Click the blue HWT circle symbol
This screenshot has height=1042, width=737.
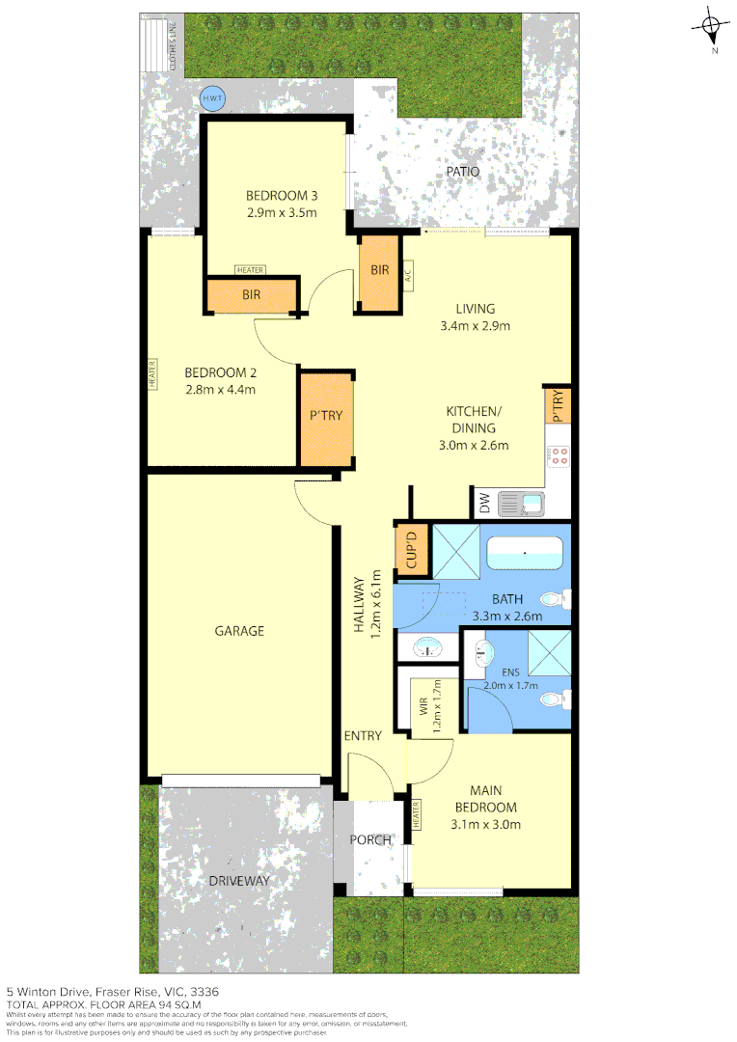[x=210, y=97]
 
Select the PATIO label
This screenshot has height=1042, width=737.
[x=462, y=172]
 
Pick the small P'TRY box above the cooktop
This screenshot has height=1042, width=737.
[x=559, y=405]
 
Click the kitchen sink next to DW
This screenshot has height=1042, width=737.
[x=521, y=503]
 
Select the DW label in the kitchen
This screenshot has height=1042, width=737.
[x=483, y=503]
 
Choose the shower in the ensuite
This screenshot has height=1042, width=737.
[x=542, y=651]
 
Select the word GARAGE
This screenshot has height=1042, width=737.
[x=238, y=631]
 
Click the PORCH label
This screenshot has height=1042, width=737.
[x=370, y=839]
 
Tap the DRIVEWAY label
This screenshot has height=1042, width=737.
[x=239, y=881]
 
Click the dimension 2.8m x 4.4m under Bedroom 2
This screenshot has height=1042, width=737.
[x=220, y=390]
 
